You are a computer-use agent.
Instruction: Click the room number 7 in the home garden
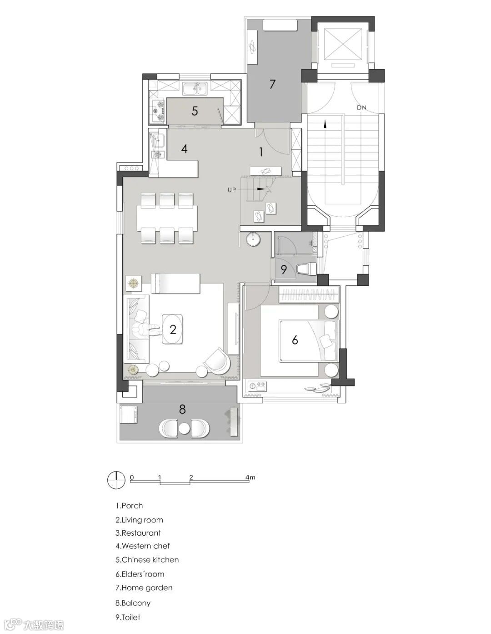tap(272, 84)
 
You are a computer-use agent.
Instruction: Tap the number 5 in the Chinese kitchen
tap(195, 111)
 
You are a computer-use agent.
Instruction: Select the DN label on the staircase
tap(361, 108)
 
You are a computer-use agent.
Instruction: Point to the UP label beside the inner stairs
tap(232, 190)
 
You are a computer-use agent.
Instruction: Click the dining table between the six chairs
tap(167, 217)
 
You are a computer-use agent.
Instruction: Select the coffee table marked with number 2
tap(172, 329)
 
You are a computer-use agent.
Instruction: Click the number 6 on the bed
tap(295, 340)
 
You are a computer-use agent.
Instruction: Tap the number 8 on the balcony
tap(182, 409)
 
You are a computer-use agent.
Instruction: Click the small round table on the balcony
tap(184, 428)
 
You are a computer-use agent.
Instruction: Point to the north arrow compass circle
tap(116, 480)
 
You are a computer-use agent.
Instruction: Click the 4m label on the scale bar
tap(251, 477)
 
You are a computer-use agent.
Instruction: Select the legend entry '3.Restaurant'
tap(138, 533)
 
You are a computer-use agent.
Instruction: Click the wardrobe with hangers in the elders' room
tap(309, 294)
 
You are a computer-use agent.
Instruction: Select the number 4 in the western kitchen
tap(184, 149)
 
